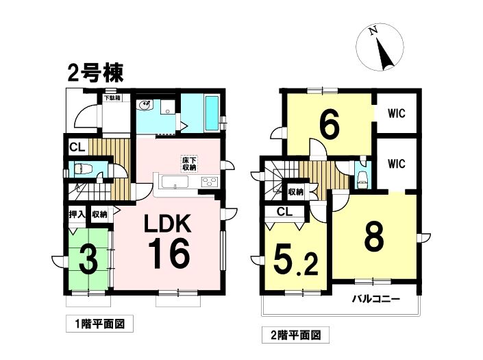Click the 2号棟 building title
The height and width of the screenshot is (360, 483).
pos(95,73)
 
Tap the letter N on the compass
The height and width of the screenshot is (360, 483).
pos(373,30)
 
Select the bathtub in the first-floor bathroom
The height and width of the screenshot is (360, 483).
pos(212,113)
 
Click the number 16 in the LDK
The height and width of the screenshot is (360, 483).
pos(169,254)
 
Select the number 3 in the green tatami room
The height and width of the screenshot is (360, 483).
pos(88,260)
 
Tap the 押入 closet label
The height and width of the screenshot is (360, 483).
pos(77,214)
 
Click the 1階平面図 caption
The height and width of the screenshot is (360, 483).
pos(100,324)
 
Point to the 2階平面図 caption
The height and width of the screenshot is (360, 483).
pos(296,335)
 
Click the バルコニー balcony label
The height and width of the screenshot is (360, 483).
pos(376,299)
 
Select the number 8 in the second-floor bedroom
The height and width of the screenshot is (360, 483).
pos(374,237)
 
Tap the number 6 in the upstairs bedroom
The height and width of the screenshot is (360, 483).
pos(330,123)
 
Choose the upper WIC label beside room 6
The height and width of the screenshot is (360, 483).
pos(397,113)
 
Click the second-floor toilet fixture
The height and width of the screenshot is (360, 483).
pos(361,179)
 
